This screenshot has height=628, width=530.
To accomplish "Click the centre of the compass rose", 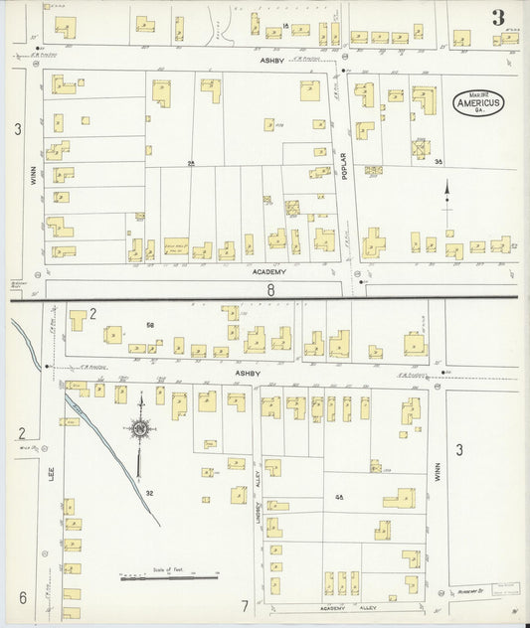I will pos(140,428).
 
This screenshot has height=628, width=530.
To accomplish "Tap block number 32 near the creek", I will pos(147,492).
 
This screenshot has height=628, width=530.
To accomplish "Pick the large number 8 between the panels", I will pos(268,290).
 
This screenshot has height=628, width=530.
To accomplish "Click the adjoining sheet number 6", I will pos(20,597).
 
